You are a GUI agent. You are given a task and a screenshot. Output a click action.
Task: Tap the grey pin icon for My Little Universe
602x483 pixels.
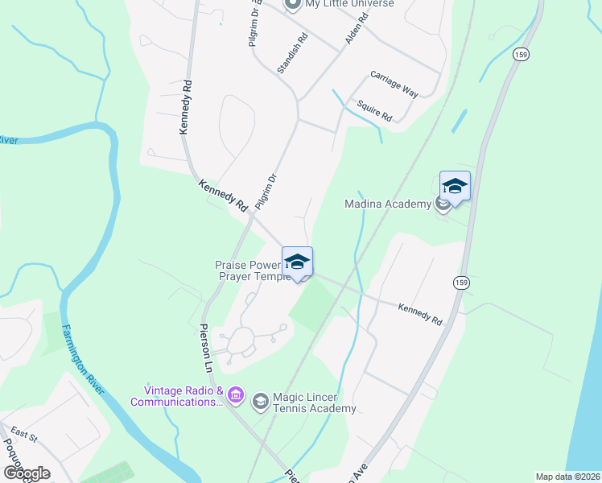coord(292,4)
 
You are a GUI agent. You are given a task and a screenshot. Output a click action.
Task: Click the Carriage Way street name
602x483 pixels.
coord(394,84)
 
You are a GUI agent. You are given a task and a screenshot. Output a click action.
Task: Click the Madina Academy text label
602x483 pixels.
coord(387,204)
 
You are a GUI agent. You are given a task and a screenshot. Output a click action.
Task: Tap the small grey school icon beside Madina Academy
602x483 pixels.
coord(443,204)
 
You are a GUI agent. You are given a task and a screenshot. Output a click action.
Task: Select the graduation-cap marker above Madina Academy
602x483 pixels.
coord(455,187)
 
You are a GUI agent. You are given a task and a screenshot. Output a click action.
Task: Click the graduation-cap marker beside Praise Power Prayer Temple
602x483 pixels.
coord(297,262)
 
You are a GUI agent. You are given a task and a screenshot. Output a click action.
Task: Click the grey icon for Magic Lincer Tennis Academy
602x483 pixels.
coord(260,401)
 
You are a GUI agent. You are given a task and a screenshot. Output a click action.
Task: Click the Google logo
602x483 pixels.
coord(27,473)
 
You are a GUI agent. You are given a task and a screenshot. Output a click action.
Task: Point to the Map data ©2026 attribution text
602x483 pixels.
coord(567,477)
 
